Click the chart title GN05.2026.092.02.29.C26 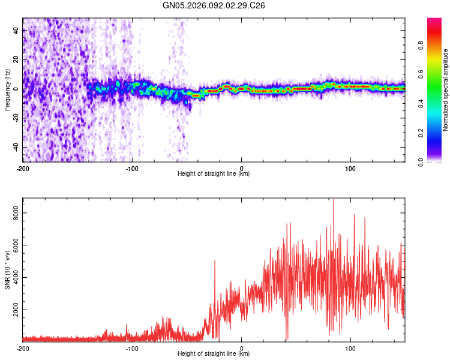point(214,5)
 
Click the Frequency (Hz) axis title point(7,89)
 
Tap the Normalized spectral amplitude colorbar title point(446,90)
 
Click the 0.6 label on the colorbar point(421,73)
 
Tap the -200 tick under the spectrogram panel point(23,169)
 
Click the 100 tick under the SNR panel point(351,349)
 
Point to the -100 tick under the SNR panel point(132,349)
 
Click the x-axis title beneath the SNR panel point(214,355)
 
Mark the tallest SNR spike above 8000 point(334,200)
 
